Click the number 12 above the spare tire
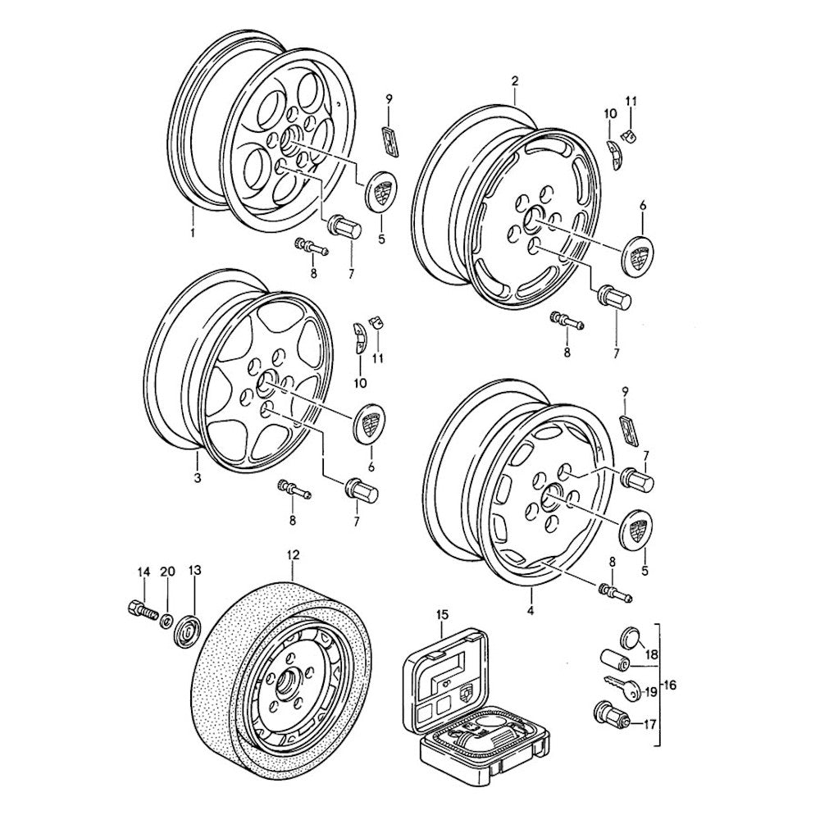pos(293,554)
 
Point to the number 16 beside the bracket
pos(670,684)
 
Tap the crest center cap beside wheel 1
pos(380,192)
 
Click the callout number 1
pos(192,234)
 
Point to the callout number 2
pos(514,80)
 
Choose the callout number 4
pos(531,611)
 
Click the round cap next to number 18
pos(631,637)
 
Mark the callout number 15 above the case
pos(443,614)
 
